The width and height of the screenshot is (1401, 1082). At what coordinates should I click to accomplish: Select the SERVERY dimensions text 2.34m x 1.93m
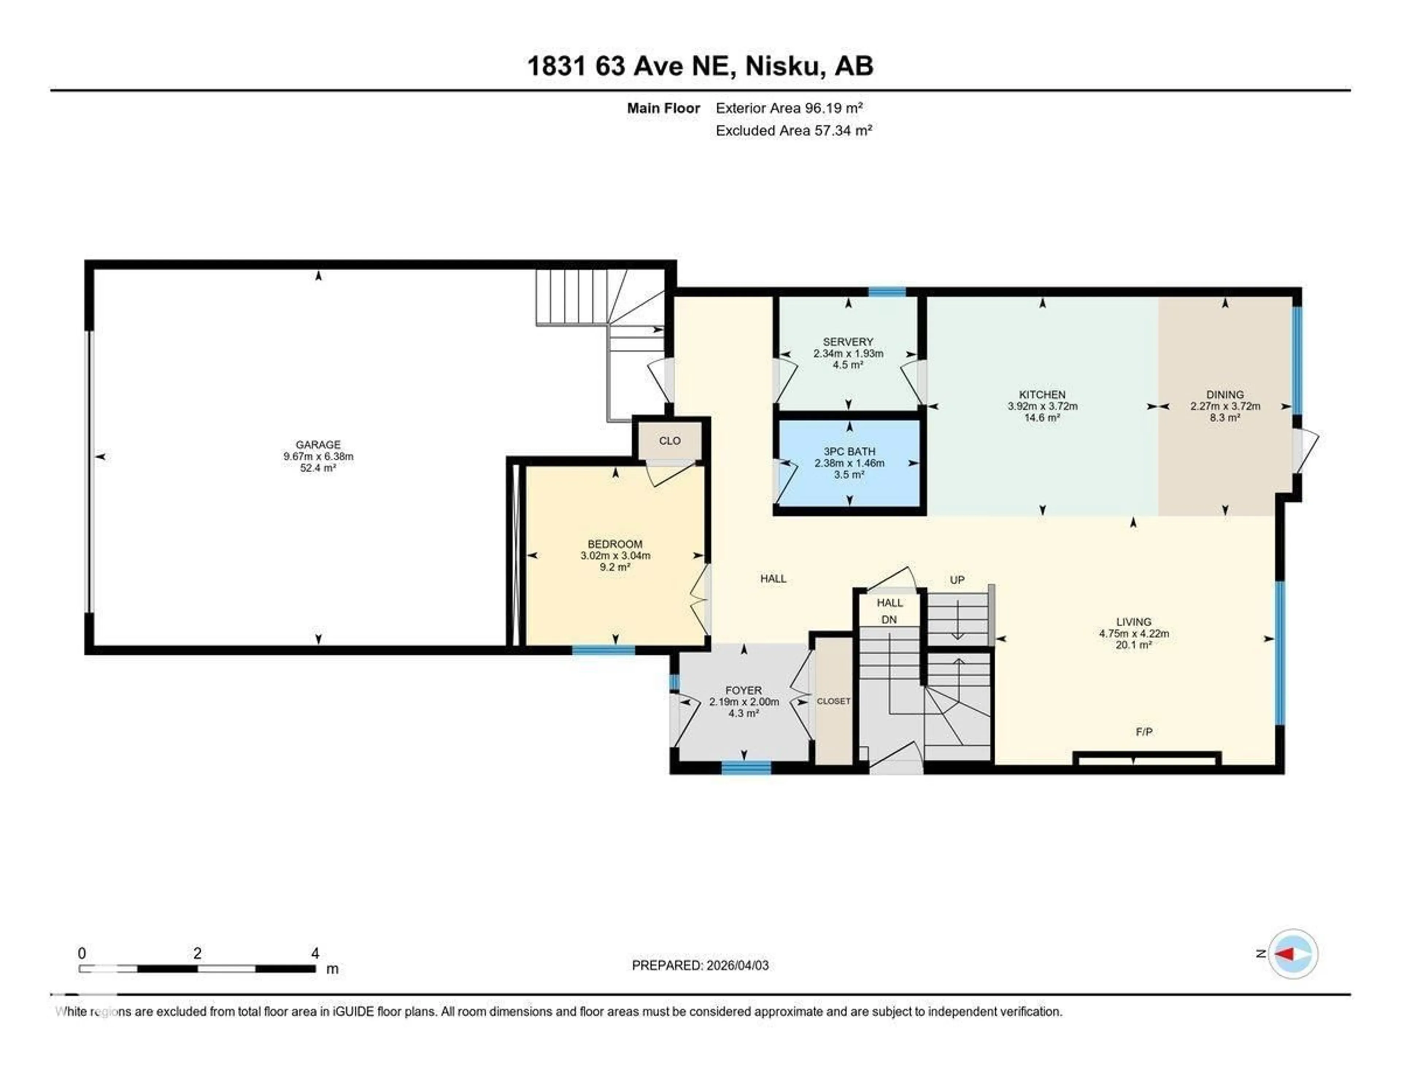[848, 353]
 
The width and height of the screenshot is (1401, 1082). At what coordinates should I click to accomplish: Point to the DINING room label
[1224, 394]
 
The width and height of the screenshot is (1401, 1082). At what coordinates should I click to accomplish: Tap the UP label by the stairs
[957, 580]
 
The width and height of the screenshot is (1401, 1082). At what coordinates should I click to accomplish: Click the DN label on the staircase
[888, 619]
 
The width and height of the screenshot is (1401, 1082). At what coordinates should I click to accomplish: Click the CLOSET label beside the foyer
[833, 701]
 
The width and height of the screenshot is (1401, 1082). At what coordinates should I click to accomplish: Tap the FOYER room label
[744, 690]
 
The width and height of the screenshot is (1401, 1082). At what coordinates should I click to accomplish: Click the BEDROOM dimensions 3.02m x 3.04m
[615, 556]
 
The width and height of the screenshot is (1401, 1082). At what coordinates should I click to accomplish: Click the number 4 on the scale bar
[315, 953]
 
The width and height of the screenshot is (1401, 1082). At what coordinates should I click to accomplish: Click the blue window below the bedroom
[603, 650]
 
